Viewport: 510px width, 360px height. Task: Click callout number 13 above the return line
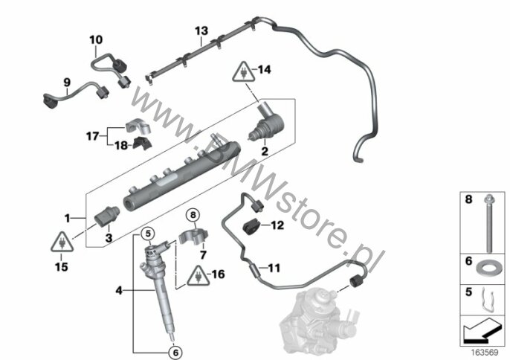[201, 30]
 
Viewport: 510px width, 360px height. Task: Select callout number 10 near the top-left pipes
[97, 39]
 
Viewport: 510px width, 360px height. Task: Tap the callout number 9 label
[66, 83]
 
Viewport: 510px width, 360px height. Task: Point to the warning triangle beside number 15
[60, 242]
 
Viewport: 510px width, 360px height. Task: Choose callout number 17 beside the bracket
[91, 136]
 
